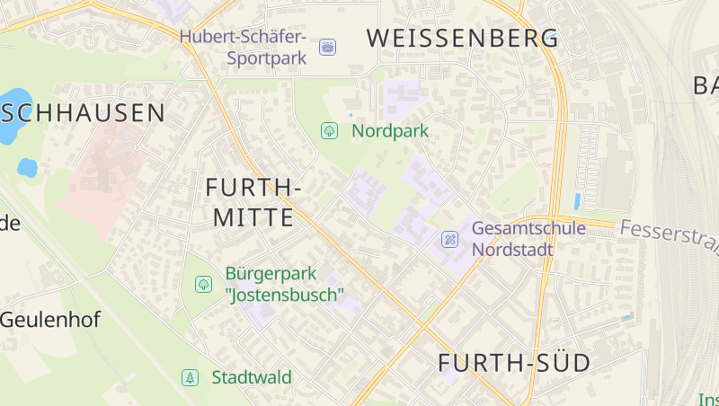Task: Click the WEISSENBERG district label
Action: coord(463,39)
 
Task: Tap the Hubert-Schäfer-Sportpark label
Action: coord(244,48)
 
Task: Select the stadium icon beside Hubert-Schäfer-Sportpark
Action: coord(327,46)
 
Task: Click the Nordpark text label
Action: coord(390,131)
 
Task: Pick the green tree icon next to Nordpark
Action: coord(329,131)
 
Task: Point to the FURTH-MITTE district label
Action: coord(253,202)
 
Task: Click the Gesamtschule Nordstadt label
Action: coord(528,239)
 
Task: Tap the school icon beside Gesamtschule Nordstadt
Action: coord(450,240)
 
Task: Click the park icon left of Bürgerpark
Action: coord(203,284)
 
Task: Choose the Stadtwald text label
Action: coord(252,377)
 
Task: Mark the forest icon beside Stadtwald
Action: coord(190,377)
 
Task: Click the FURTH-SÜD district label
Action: coord(514,364)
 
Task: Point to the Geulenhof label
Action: coord(49,320)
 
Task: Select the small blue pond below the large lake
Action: coord(27,167)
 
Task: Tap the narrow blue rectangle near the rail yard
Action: coord(576,202)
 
